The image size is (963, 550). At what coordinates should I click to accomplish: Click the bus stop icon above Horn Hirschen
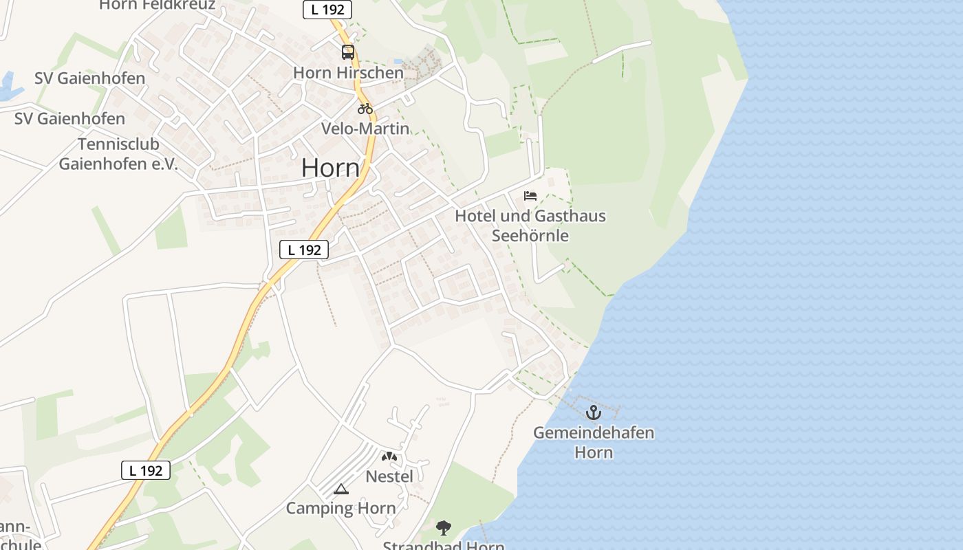coord(348,52)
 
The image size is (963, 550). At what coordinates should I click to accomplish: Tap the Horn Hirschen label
coord(348,72)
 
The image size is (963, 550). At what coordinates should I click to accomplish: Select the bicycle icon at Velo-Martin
coord(365,109)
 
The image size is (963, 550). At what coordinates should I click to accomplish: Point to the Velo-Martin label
coord(365,129)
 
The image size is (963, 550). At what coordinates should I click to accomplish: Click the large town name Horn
coord(330,168)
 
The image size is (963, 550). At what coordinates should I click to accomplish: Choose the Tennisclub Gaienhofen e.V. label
coord(118,154)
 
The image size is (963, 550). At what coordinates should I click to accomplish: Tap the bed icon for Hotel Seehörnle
coord(530,196)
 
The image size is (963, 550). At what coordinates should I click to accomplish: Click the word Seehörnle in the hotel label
coord(530,235)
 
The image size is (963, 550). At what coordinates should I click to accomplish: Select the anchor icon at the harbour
coord(593,412)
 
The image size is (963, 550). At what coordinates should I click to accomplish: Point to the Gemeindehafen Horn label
coord(594,443)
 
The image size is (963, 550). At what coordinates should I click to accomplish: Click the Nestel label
coord(389,476)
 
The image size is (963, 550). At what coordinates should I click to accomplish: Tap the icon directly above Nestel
coord(389,456)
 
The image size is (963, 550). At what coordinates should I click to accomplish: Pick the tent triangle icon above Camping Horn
coord(340,489)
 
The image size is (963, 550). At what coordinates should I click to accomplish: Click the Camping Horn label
coord(340,509)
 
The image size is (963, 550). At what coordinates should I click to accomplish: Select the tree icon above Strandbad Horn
coord(444,528)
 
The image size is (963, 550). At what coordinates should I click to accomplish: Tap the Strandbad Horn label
coord(444,546)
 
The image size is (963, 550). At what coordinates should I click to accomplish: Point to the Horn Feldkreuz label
coord(157,5)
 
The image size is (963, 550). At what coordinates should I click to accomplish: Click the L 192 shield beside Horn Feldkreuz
coord(327,9)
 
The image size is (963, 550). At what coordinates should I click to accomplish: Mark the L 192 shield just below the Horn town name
coord(304,250)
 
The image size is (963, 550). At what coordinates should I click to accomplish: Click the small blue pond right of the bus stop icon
coord(398,62)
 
